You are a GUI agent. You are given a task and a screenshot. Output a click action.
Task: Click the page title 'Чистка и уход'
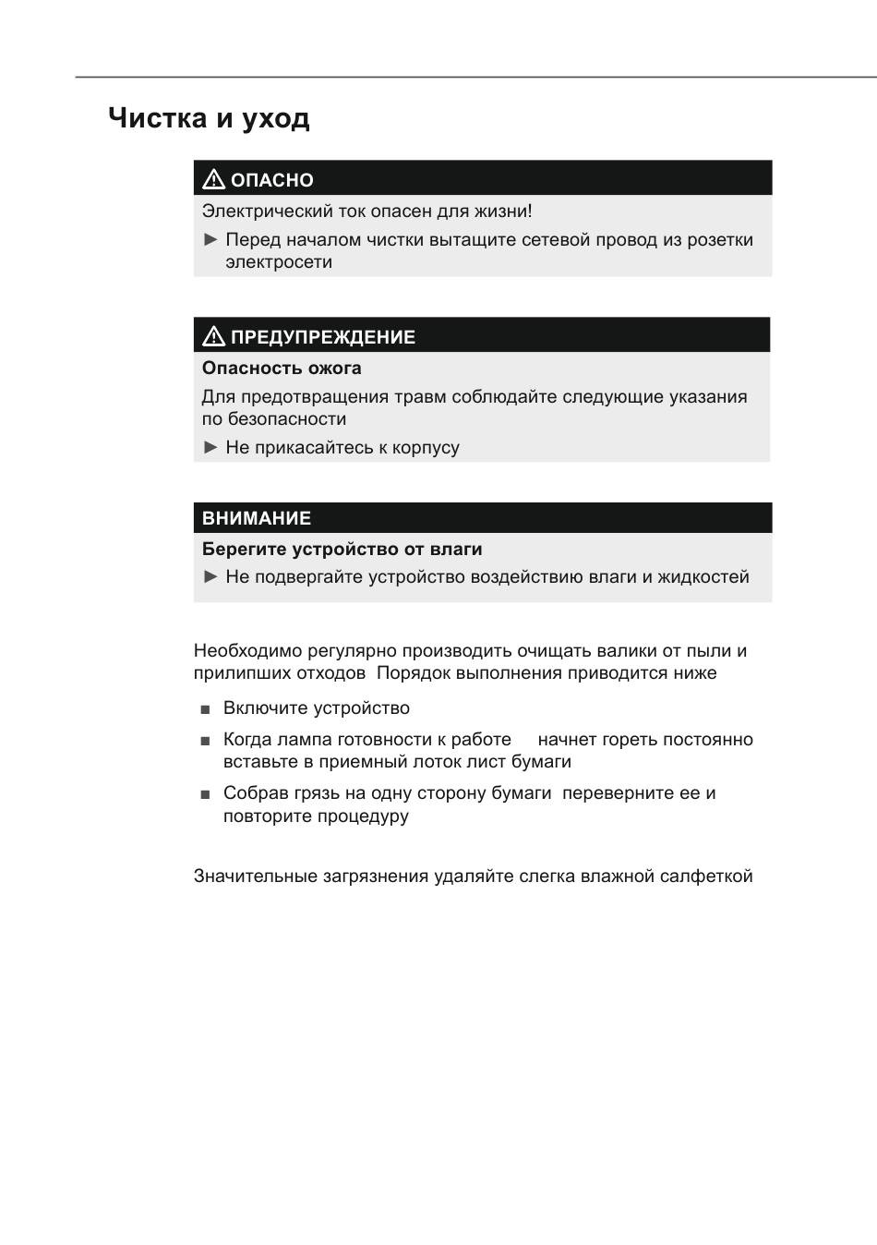(x=209, y=118)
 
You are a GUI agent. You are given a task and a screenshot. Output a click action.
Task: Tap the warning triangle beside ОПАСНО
(x=213, y=179)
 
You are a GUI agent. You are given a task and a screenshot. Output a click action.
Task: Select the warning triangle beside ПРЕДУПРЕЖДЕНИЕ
(x=213, y=336)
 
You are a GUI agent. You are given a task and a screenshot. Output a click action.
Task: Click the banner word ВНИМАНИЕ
(x=257, y=518)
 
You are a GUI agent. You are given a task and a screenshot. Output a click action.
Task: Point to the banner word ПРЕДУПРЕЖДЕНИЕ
(x=323, y=337)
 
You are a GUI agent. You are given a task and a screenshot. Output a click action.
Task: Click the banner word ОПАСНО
(x=272, y=180)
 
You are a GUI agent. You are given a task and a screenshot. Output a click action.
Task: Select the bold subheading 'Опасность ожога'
(x=282, y=368)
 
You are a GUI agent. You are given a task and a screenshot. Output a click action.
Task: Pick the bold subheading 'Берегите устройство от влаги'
(x=342, y=549)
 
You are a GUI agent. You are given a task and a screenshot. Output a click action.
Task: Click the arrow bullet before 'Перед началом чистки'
(x=210, y=240)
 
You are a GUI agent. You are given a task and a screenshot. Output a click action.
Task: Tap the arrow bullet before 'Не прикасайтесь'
(x=210, y=448)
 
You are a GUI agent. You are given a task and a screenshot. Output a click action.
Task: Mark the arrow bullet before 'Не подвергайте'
(x=210, y=577)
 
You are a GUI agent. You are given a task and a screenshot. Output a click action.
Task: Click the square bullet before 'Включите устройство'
(x=205, y=710)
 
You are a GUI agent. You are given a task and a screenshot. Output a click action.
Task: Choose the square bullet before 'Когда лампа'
(x=205, y=742)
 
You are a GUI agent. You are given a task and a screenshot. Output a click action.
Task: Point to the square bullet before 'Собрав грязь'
(x=205, y=794)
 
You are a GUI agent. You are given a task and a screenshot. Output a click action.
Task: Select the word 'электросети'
(x=279, y=262)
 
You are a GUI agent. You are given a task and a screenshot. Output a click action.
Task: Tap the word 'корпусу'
(x=426, y=448)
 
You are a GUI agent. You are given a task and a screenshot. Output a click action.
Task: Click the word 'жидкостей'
(x=703, y=577)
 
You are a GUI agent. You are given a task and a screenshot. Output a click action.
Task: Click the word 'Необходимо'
(x=247, y=651)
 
